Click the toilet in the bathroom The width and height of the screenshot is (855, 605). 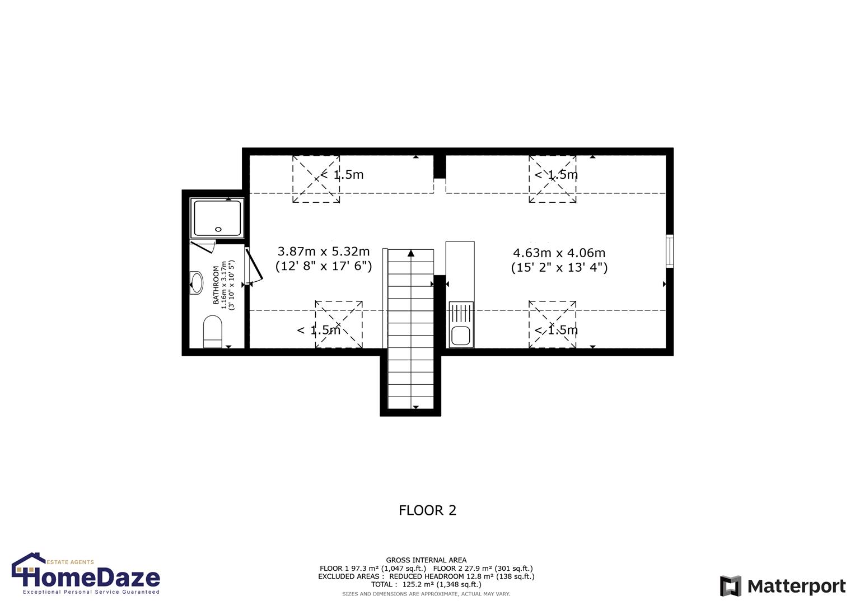pos(213,331)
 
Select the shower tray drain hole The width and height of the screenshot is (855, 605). pos(218,229)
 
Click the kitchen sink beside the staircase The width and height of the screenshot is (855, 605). pos(461,336)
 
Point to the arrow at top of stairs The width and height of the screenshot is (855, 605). pos(411,253)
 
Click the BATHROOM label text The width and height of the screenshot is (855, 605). pos(216,285)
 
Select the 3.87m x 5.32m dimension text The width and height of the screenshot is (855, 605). pos(324,252)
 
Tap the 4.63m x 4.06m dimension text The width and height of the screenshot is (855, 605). pos(559,253)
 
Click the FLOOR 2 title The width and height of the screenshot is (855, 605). pos(427,510)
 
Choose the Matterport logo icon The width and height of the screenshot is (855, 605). pos(731,586)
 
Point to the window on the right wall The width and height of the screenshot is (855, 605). pos(669,252)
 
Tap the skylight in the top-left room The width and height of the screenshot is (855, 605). pos(316,179)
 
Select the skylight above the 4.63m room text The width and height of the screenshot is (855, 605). pos(553,179)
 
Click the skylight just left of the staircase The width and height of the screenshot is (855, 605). pos(339,324)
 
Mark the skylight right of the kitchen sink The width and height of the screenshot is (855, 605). pos(553,324)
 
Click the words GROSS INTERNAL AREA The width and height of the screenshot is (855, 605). pos(426,560)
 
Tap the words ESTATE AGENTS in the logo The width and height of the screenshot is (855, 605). pos(70,562)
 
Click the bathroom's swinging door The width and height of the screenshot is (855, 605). pos(254,266)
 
